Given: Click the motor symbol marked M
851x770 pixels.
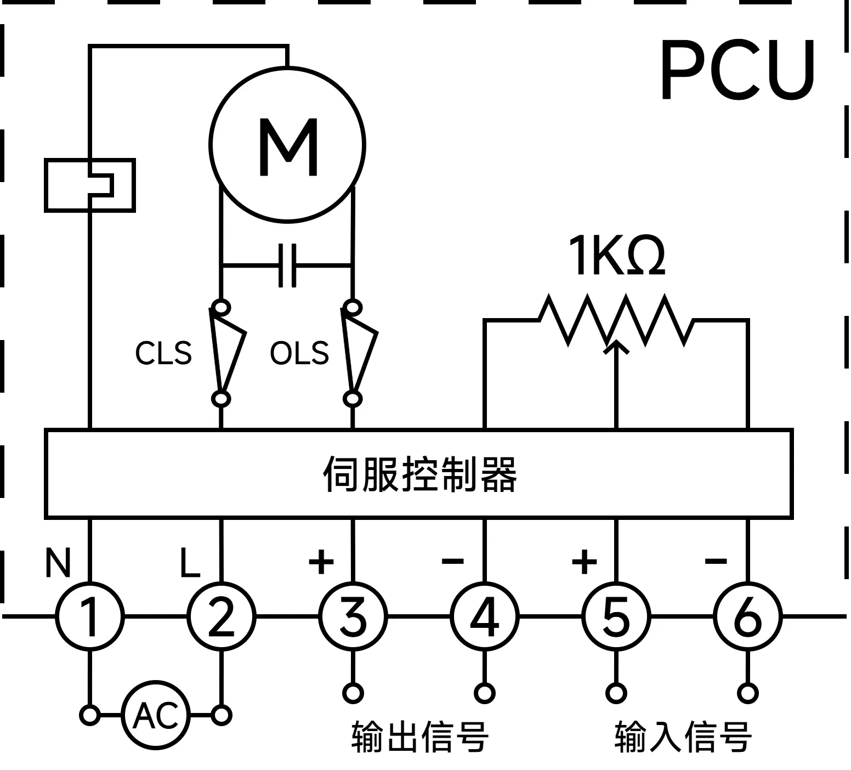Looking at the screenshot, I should [287, 145].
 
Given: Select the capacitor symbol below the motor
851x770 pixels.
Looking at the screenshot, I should [287, 266].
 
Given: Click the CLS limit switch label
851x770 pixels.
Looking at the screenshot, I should [163, 353].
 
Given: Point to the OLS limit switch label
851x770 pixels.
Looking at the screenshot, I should [299, 353].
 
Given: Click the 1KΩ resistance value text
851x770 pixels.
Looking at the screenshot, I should [616, 256].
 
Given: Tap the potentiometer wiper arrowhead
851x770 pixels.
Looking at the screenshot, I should [617, 346].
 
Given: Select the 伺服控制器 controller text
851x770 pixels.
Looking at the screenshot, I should [419, 474].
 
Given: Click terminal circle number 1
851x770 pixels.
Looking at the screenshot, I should [90, 616].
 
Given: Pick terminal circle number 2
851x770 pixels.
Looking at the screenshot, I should [222, 616].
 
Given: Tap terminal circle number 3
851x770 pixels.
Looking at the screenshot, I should [353, 616].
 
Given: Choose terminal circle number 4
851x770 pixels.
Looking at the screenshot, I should [485, 616].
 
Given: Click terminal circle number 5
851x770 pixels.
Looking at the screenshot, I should [616, 616].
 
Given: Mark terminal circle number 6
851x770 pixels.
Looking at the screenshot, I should [747, 616].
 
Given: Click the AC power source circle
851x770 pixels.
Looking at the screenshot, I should [156, 715].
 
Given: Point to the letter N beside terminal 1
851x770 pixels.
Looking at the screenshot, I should [58, 563].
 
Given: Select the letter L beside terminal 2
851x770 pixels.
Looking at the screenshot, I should [190, 563].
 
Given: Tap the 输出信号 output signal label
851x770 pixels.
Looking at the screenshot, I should [419, 737].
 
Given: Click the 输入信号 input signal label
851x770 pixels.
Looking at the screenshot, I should [683, 737].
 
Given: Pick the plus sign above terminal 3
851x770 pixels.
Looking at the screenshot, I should [321, 561].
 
